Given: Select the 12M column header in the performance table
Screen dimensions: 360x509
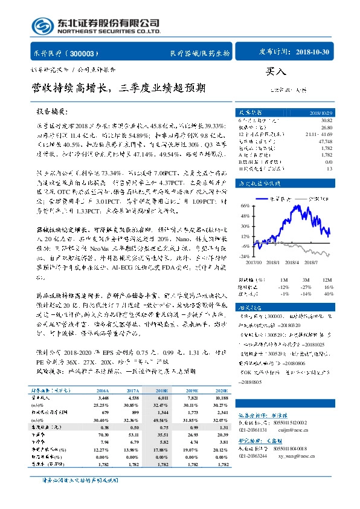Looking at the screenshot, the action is (328, 280).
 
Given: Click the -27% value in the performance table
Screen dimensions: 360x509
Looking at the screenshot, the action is (306, 286).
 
